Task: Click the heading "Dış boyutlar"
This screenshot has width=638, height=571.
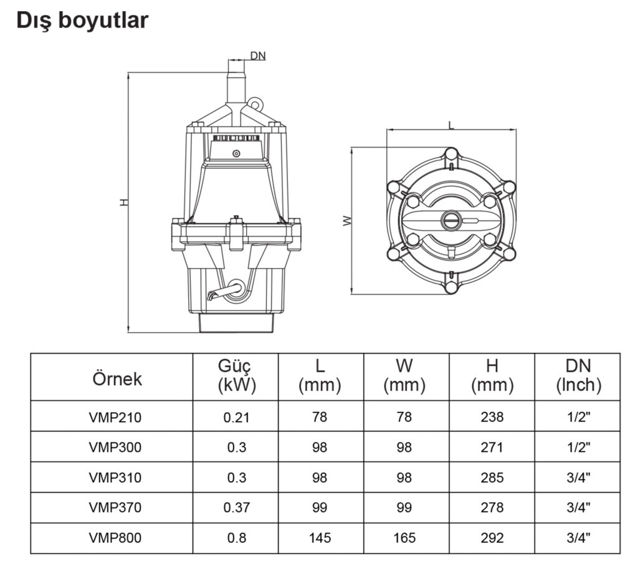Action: (x=83, y=21)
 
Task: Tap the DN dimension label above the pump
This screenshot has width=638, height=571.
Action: (x=257, y=55)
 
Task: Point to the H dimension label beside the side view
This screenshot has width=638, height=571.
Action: (x=124, y=202)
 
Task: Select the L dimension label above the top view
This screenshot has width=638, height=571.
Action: (x=451, y=125)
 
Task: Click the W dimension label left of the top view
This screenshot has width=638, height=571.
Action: (x=346, y=221)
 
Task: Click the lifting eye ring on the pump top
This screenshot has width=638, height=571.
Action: (x=254, y=103)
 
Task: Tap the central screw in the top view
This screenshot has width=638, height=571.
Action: (x=450, y=220)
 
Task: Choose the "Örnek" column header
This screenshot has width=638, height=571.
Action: (x=117, y=379)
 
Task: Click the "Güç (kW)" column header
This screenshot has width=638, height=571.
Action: (x=237, y=376)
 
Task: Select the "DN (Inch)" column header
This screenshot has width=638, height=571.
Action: (x=578, y=376)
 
